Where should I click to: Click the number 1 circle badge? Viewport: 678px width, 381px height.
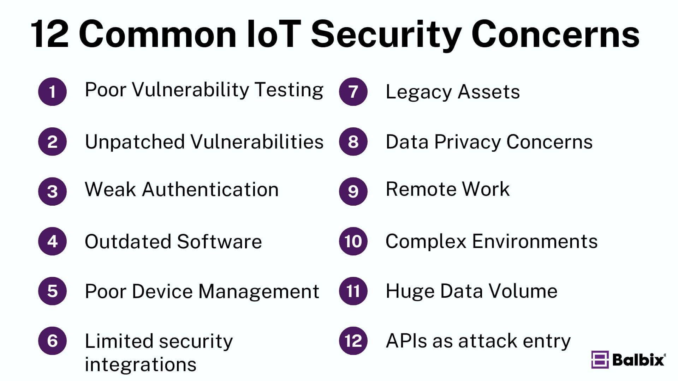[x=52, y=92]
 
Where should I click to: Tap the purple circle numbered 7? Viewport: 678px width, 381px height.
[x=353, y=92]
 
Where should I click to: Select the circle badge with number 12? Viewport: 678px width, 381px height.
[x=353, y=341]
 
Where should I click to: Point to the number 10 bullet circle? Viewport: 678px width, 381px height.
[x=353, y=241]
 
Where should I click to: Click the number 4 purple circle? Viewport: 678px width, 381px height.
[x=52, y=241]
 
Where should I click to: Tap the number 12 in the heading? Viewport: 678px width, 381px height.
[x=49, y=34]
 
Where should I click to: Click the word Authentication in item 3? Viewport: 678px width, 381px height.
[x=210, y=189]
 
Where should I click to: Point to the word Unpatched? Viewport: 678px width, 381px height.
[x=135, y=142]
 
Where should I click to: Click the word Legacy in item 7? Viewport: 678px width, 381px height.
[x=418, y=92]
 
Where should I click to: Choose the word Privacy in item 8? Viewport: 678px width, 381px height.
[x=468, y=142]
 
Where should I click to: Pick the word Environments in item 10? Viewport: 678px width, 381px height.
[x=535, y=242]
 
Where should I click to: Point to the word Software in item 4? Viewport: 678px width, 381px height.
[x=219, y=242]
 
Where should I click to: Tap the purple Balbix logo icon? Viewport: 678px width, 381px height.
[x=600, y=359]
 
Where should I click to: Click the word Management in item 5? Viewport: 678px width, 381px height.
[x=259, y=292]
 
